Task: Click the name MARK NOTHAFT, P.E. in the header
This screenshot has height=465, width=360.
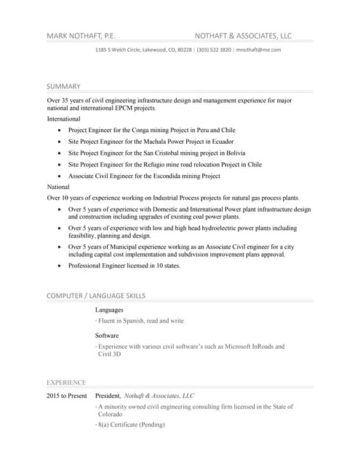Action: (81, 35)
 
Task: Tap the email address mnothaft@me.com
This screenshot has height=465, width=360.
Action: (259, 49)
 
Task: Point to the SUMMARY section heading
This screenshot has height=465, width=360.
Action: (63, 86)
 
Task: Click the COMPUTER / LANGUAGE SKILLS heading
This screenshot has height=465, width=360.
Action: (96, 296)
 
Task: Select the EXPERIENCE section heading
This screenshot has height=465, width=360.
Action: (66, 382)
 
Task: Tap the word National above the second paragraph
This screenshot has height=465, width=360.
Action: (59, 187)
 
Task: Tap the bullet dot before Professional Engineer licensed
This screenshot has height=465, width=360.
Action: (58, 266)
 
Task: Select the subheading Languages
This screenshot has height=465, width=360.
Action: (109, 310)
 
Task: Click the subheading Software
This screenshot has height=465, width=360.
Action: (108, 336)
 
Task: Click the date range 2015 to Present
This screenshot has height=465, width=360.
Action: (67, 396)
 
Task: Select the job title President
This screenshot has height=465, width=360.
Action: (108, 396)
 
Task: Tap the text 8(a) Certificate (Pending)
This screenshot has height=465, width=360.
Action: (132, 424)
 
